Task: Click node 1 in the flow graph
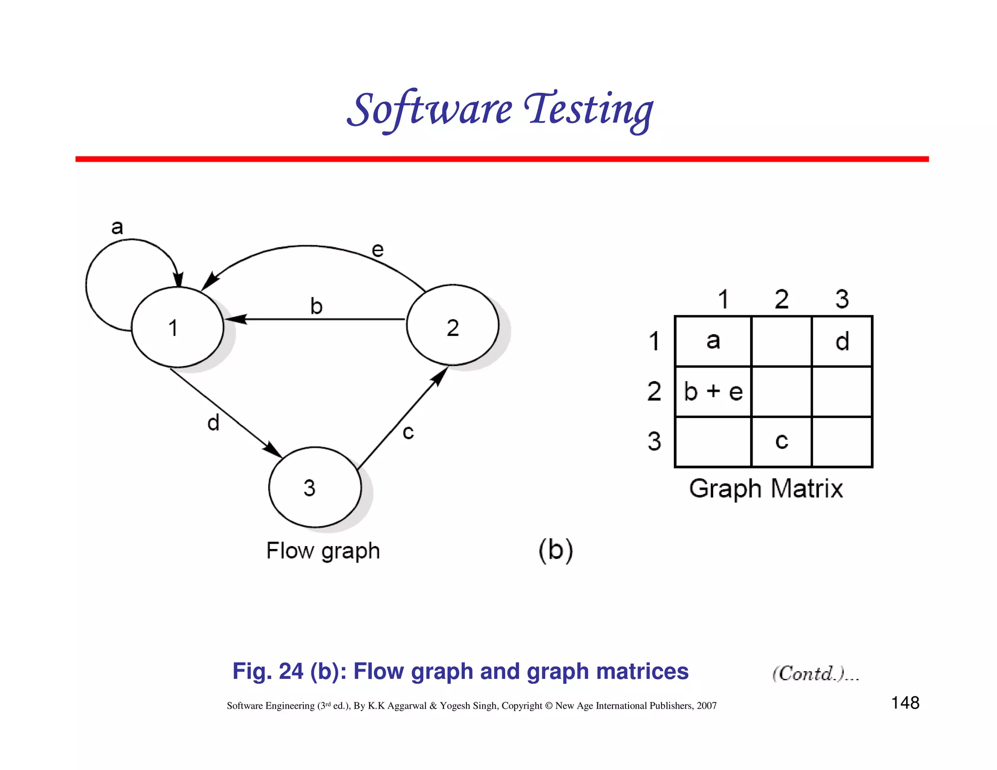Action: click(178, 327)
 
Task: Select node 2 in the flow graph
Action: click(452, 326)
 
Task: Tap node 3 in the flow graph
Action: click(314, 487)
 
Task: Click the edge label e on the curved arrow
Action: click(378, 250)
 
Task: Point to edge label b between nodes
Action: click(316, 306)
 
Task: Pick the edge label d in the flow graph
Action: click(213, 422)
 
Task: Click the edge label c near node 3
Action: click(408, 432)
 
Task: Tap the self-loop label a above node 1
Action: click(117, 227)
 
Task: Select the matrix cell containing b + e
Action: click(713, 391)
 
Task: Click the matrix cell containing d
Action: click(842, 341)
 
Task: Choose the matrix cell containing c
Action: click(781, 441)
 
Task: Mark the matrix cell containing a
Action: click(713, 341)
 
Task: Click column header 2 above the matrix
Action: click(781, 299)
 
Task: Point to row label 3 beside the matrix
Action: click(654, 441)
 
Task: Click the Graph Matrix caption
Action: click(766, 489)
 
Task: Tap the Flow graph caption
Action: click(323, 551)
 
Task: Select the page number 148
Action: click(905, 703)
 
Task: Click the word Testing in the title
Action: click(589, 110)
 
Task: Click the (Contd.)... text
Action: click(815, 674)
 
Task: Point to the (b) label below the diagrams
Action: click(555, 550)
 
